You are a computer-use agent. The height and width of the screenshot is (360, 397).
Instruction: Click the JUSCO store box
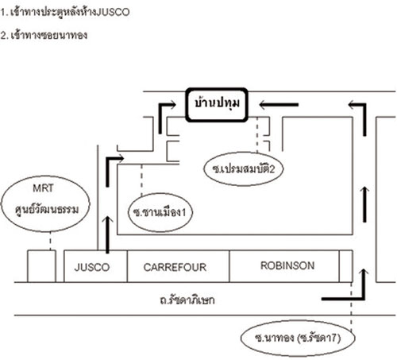click(95, 266)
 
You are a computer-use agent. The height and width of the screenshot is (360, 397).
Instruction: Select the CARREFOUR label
click(175, 267)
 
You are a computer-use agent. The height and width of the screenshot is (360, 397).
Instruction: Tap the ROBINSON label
click(287, 265)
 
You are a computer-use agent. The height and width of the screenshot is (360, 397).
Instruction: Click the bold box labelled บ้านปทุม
click(217, 105)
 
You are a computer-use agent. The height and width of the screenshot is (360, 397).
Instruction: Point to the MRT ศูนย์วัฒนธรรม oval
click(45, 203)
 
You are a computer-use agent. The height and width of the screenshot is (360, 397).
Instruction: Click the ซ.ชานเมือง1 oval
click(160, 212)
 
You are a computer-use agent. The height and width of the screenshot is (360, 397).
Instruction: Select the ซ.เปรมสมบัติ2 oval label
click(243, 168)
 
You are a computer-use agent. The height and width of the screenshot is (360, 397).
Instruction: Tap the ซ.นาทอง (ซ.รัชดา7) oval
click(298, 338)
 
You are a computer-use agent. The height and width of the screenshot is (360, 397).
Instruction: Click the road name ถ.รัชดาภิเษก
click(187, 300)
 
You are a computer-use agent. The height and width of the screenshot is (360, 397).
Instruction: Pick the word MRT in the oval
click(43, 188)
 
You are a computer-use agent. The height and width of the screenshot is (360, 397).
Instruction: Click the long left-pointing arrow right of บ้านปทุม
click(279, 105)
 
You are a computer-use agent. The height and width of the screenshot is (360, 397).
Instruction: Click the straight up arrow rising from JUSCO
click(107, 234)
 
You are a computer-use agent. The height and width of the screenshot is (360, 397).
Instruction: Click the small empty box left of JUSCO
click(41, 266)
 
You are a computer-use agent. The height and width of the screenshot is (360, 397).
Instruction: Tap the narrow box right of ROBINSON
click(346, 266)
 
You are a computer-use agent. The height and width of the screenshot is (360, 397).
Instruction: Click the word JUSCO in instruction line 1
click(113, 12)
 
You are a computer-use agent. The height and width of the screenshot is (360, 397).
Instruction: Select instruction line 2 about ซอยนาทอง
click(44, 35)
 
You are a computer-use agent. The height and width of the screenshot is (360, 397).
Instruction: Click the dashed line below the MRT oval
click(50, 241)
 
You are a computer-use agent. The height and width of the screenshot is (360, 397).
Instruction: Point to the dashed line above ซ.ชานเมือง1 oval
click(141, 180)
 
